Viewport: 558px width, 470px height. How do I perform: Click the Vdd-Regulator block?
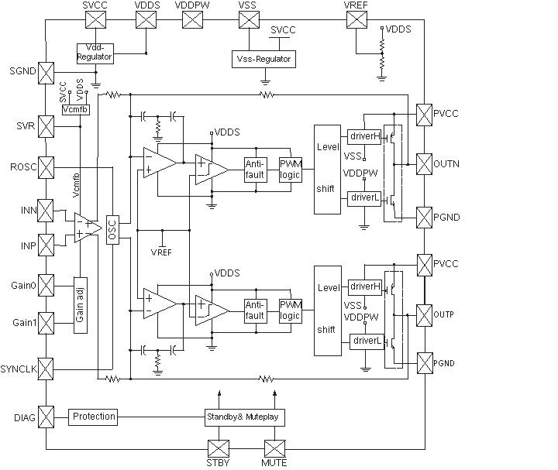coord(95,53)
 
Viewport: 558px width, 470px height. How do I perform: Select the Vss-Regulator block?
coord(262,59)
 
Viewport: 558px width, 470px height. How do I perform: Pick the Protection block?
coord(94,417)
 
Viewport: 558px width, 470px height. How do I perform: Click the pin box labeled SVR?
coord(46,126)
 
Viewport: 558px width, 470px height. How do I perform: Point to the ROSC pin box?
coord(46,167)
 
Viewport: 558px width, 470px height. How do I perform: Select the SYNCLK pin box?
coord(46,369)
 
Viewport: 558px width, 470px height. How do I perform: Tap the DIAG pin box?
coord(46,418)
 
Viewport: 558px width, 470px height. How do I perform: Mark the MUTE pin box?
coord(275,448)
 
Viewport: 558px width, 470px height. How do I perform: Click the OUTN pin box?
coord(425,164)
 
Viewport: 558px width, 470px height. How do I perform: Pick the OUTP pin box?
coord(425,315)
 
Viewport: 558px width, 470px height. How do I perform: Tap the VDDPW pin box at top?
coord(192,19)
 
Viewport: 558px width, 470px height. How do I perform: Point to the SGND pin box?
coord(46,72)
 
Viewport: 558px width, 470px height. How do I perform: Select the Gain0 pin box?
coord(46,286)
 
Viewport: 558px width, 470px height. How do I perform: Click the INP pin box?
coord(46,245)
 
